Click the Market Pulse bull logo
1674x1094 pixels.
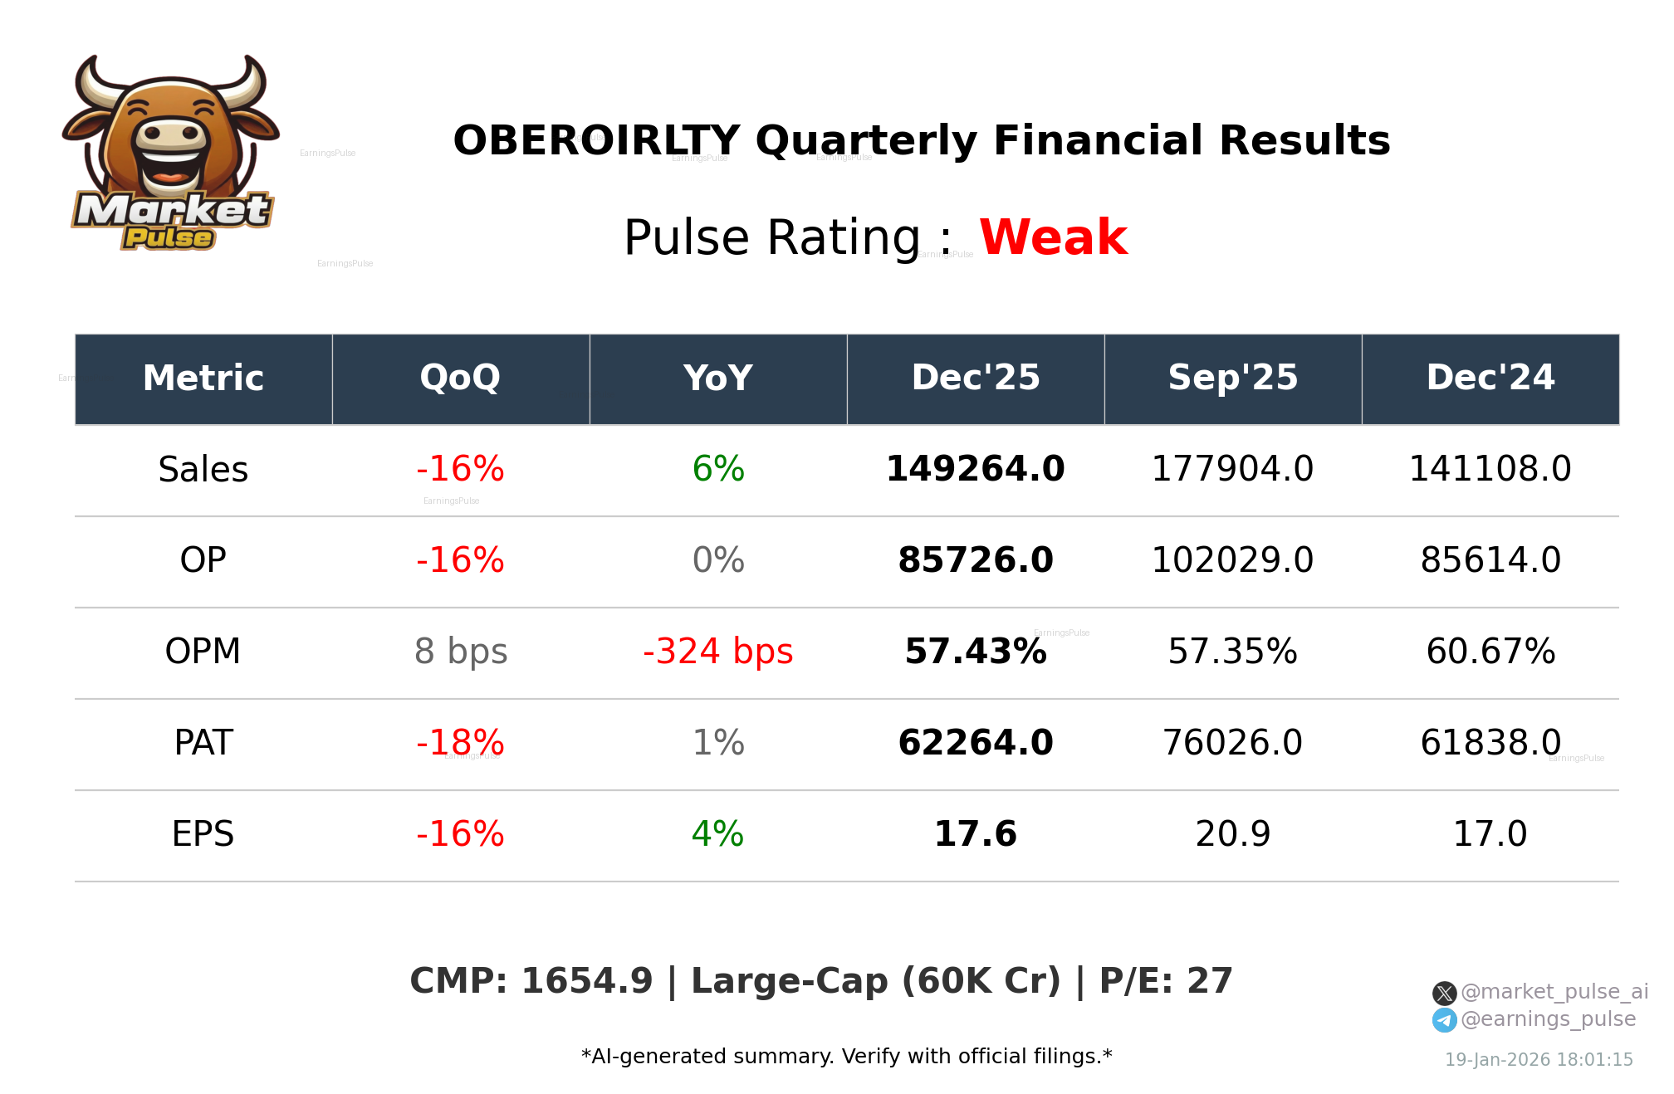(x=170, y=154)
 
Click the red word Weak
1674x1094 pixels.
(x=1053, y=237)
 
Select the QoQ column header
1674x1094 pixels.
(x=460, y=379)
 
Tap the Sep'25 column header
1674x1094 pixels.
(x=1232, y=379)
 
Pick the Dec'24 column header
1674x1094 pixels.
(x=1490, y=379)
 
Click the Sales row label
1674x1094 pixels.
(x=203, y=470)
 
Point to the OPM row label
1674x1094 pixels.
(x=203, y=652)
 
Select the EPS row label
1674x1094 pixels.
(x=203, y=834)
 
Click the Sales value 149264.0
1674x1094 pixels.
(x=975, y=469)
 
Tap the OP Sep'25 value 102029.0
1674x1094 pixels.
(x=1232, y=560)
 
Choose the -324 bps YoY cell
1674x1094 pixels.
(x=717, y=652)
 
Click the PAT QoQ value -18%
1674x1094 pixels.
(x=460, y=743)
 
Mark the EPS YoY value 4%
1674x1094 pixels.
(x=717, y=834)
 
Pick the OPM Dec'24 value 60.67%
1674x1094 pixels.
(x=1490, y=652)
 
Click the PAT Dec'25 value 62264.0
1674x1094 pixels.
(x=975, y=743)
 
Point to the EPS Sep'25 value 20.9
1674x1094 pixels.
(x=1232, y=834)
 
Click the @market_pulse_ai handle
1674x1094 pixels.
(x=1554, y=992)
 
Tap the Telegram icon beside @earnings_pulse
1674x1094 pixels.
(x=1444, y=1020)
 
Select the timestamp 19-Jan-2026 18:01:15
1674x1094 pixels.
(x=1539, y=1060)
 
